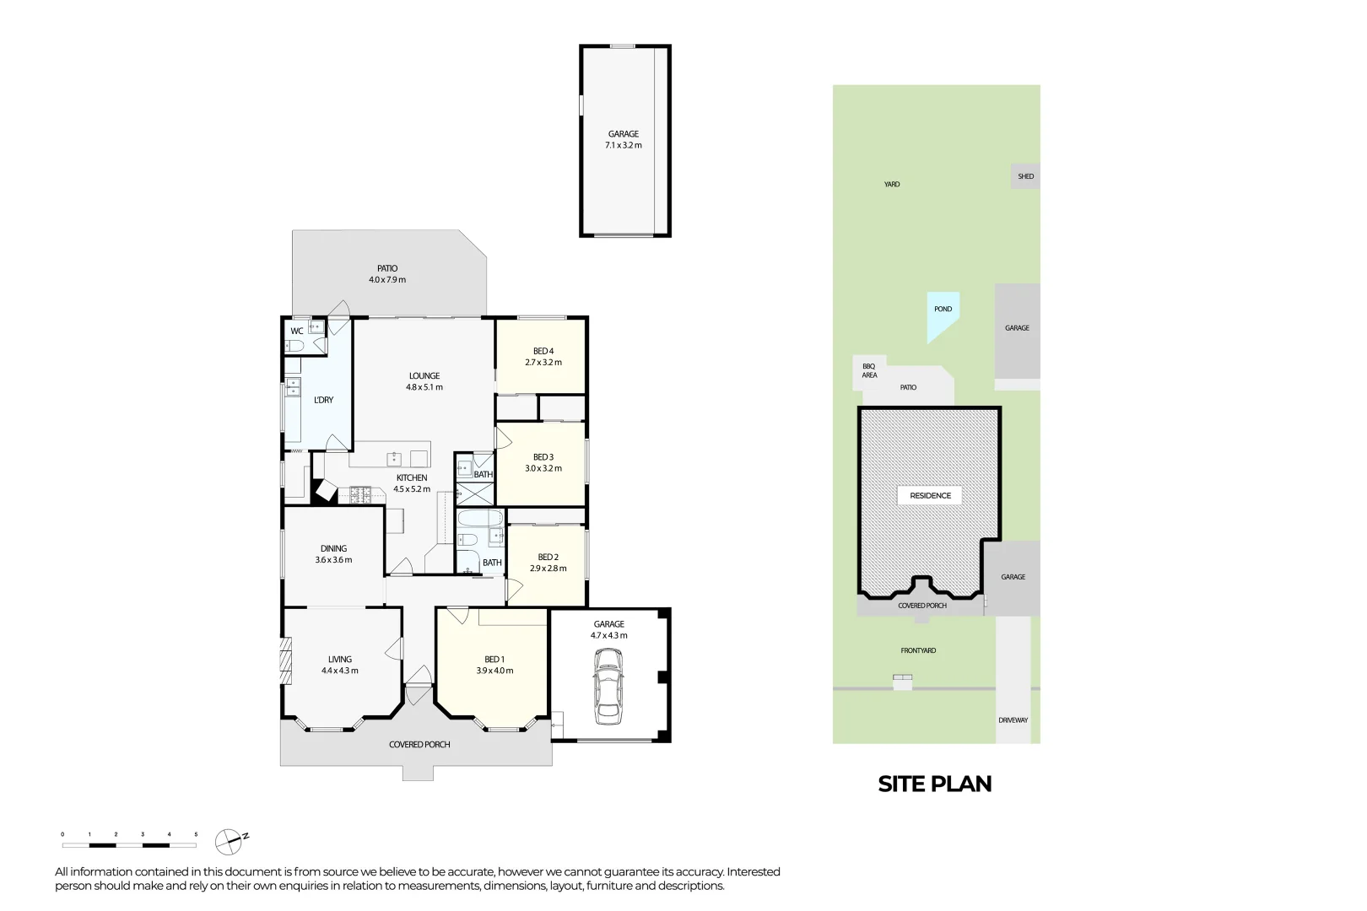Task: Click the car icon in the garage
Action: [608, 686]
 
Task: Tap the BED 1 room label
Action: [494, 660]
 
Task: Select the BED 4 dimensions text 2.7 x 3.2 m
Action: [543, 363]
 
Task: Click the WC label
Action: [297, 332]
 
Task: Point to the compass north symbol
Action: [230, 840]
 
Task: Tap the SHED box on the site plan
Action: [1025, 176]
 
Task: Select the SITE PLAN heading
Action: [934, 784]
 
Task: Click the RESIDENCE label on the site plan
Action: [930, 496]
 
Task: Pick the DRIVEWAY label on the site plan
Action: [1013, 720]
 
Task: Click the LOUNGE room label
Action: [424, 376]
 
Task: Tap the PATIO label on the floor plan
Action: [387, 268]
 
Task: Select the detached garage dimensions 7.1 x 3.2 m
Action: [624, 146]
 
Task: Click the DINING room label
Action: [333, 548]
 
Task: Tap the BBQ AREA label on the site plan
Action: [869, 371]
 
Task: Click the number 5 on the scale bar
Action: [196, 834]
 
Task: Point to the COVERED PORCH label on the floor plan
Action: [419, 745]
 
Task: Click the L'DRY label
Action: [323, 400]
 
